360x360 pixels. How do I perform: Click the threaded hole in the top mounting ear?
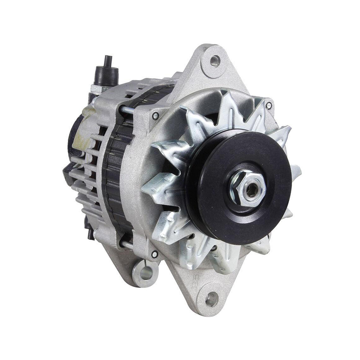click(215, 59)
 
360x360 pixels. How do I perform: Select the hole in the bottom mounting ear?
click(211, 298)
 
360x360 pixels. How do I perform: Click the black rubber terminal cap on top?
click(106, 72)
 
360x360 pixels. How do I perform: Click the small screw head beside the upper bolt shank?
click(155, 116)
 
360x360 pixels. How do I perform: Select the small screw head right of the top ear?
click(269, 106)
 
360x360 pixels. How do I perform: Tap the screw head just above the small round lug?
click(154, 254)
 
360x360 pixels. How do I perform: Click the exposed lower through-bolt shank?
click(126, 246)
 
